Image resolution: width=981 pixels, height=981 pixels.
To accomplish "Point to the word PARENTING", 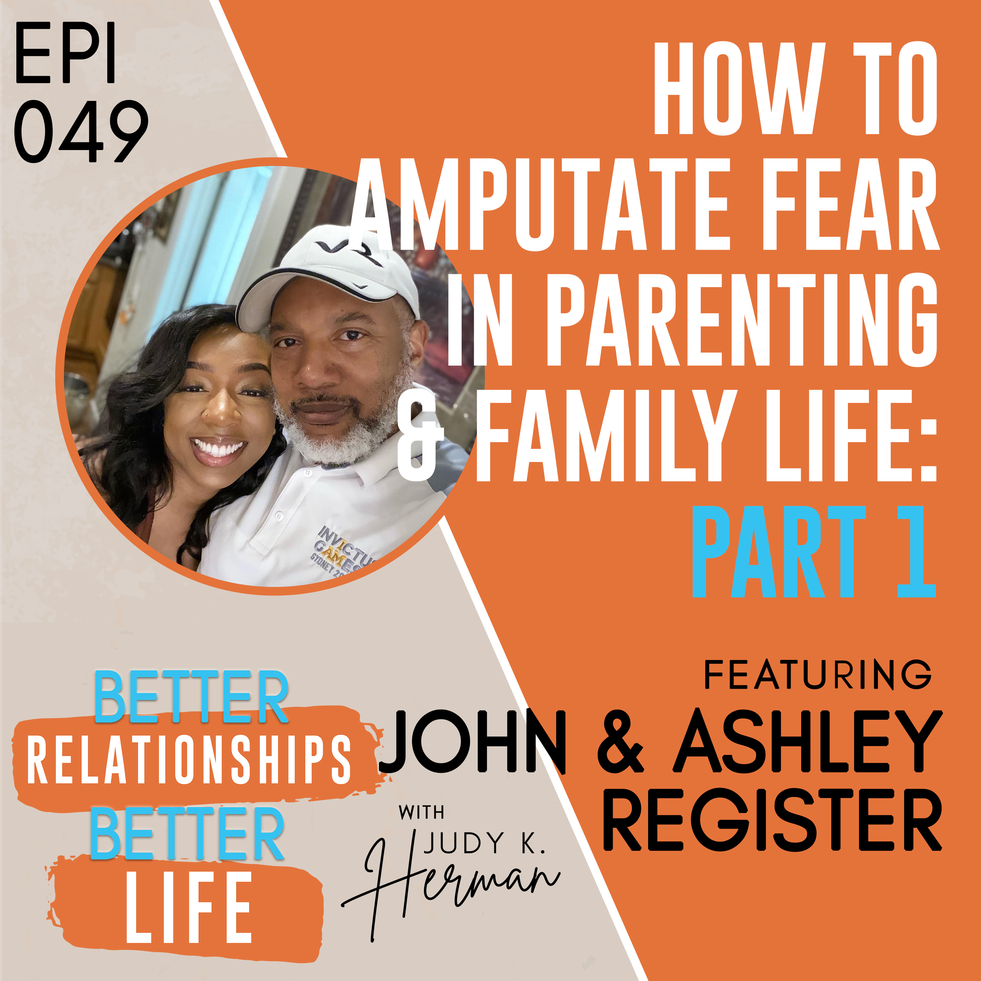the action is pyautogui.click(x=741, y=319).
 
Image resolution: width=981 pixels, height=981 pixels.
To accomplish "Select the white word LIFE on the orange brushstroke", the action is pyautogui.click(x=189, y=907).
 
